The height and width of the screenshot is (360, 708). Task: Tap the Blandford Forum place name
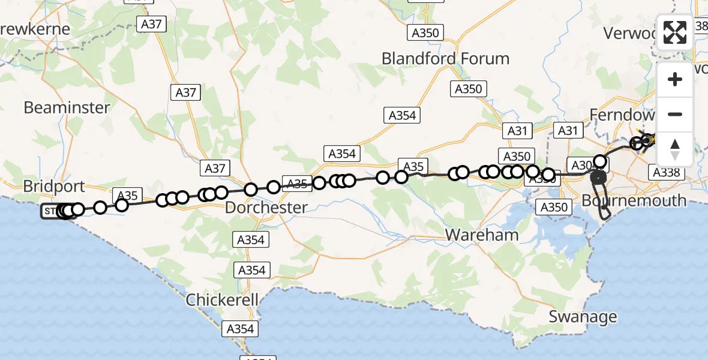(x=445, y=59)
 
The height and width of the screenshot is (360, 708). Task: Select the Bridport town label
(x=54, y=186)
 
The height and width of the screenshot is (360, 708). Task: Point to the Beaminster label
(x=67, y=108)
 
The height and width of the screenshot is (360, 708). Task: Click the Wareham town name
(x=482, y=235)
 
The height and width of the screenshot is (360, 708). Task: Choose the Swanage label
(x=583, y=316)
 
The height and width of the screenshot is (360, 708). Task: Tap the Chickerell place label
(x=222, y=299)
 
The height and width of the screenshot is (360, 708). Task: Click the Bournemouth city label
(x=634, y=200)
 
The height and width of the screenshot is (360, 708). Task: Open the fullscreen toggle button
(x=675, y=32)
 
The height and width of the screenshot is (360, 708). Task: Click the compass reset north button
(x=675, y=149)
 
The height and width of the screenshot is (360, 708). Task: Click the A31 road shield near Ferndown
(x=568, y=130)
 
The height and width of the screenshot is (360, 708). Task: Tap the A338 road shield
(x=666, y=173)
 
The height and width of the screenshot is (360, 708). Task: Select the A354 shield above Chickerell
(x=251, y=270)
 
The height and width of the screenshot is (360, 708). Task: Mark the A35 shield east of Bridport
(x=127, y=195)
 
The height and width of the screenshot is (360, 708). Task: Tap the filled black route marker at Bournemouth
(x=598, y=178)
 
